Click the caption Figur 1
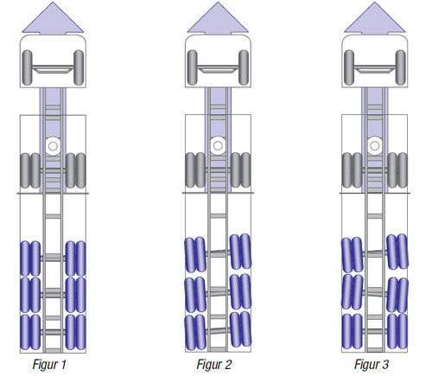tap(49, 364)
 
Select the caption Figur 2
tap(214, 364)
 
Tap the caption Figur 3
tap(372, 364)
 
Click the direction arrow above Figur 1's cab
tap(53, 19)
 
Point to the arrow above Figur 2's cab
tap(218, 19)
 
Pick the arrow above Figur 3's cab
tap(375, 19)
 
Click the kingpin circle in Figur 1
tap(53, 146)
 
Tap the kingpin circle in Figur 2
tap(218, 145)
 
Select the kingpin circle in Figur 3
tap(375, 145)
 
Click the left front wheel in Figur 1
tap(27, 67)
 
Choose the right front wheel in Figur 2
tap(244, 67)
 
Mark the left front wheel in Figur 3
tap(349, 67)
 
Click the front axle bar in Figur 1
tap(53, 68)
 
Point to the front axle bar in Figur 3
tap(375, 68)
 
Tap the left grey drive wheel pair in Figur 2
tap(195, 170)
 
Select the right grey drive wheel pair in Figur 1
tap(76, 170)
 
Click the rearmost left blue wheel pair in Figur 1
tap(30, 332)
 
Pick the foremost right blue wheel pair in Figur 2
tap(240, 252)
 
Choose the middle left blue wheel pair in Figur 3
tap(353, 292)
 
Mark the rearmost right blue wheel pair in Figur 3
tap(397, 331)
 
